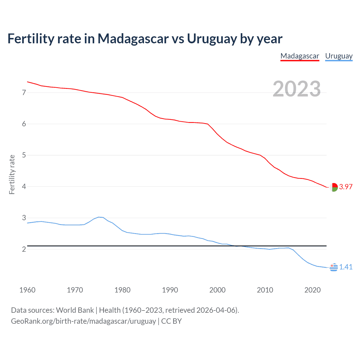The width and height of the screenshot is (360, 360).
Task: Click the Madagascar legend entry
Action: (300, 56)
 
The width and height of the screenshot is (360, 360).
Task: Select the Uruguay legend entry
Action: (339, 56)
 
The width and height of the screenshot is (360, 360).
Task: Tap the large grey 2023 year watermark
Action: (297, 89)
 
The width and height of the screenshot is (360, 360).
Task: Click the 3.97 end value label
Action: (346, 187)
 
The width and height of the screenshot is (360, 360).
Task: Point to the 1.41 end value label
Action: (346, 267)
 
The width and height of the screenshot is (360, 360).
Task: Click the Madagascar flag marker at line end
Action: (334, 187)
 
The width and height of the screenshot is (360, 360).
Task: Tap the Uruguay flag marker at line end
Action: (334, 267)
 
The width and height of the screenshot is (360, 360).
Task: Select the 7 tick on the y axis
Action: (24, 93)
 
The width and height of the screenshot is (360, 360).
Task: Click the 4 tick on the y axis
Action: (24, 186)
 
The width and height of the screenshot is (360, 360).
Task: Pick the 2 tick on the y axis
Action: (24, 249)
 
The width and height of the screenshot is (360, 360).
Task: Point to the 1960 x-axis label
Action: (27, 290)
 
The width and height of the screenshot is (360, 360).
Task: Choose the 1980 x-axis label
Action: (122, 290)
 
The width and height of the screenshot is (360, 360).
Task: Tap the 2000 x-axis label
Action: (217, 290)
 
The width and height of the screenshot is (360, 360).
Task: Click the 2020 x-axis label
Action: (312, 290)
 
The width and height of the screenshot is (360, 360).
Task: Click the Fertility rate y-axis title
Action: (12, 174)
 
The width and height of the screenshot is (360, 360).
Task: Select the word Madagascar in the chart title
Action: (133, 39)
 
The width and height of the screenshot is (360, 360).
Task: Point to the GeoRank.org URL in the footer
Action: (83, 321)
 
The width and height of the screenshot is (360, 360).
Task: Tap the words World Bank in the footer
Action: (75, 310)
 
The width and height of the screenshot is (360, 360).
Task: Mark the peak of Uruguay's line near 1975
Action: (99, 217)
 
